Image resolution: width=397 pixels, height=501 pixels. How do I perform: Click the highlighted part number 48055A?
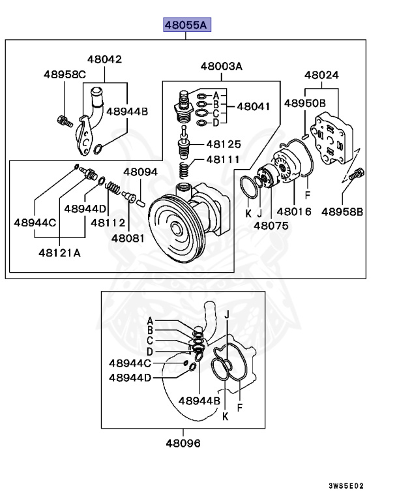(186, 25)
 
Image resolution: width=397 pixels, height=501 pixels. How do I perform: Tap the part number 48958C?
(65, 74)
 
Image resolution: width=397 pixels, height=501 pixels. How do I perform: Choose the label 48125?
(224, 144)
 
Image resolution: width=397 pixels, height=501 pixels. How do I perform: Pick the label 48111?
(224, 159)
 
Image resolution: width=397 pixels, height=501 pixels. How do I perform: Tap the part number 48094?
(140, 172)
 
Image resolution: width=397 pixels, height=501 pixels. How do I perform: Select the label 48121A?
(59, 253)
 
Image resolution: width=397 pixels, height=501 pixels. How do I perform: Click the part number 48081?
(128, 238)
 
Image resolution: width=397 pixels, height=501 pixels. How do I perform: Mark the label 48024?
(321, 75)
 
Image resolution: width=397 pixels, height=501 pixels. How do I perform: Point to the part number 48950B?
(304, 103)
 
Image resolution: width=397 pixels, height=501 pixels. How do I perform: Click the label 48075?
(271, 226)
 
